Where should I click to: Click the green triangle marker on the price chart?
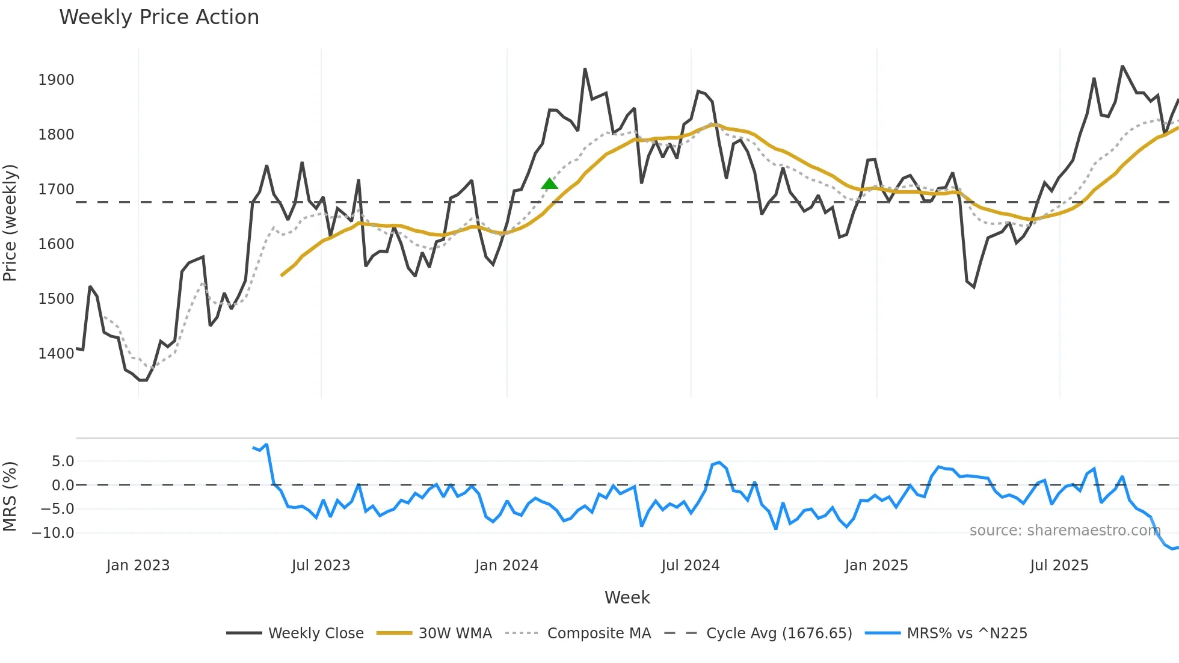point(549,184)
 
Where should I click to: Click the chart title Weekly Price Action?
point(159,17)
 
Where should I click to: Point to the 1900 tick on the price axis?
point(56,80)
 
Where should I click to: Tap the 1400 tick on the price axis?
point(56,354)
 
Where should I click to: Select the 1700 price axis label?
point(56,190)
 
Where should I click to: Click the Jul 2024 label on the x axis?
point(690,566)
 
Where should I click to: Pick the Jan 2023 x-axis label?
point(138,566)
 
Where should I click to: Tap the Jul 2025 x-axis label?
point(1059,566)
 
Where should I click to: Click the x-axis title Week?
point(627,597)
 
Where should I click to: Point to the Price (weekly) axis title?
point(10,223)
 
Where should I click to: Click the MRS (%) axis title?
point(10,496)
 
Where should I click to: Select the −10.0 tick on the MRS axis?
point(53,533)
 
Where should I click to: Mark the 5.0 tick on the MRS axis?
point(63,461)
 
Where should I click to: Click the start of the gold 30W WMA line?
point(282,275)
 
